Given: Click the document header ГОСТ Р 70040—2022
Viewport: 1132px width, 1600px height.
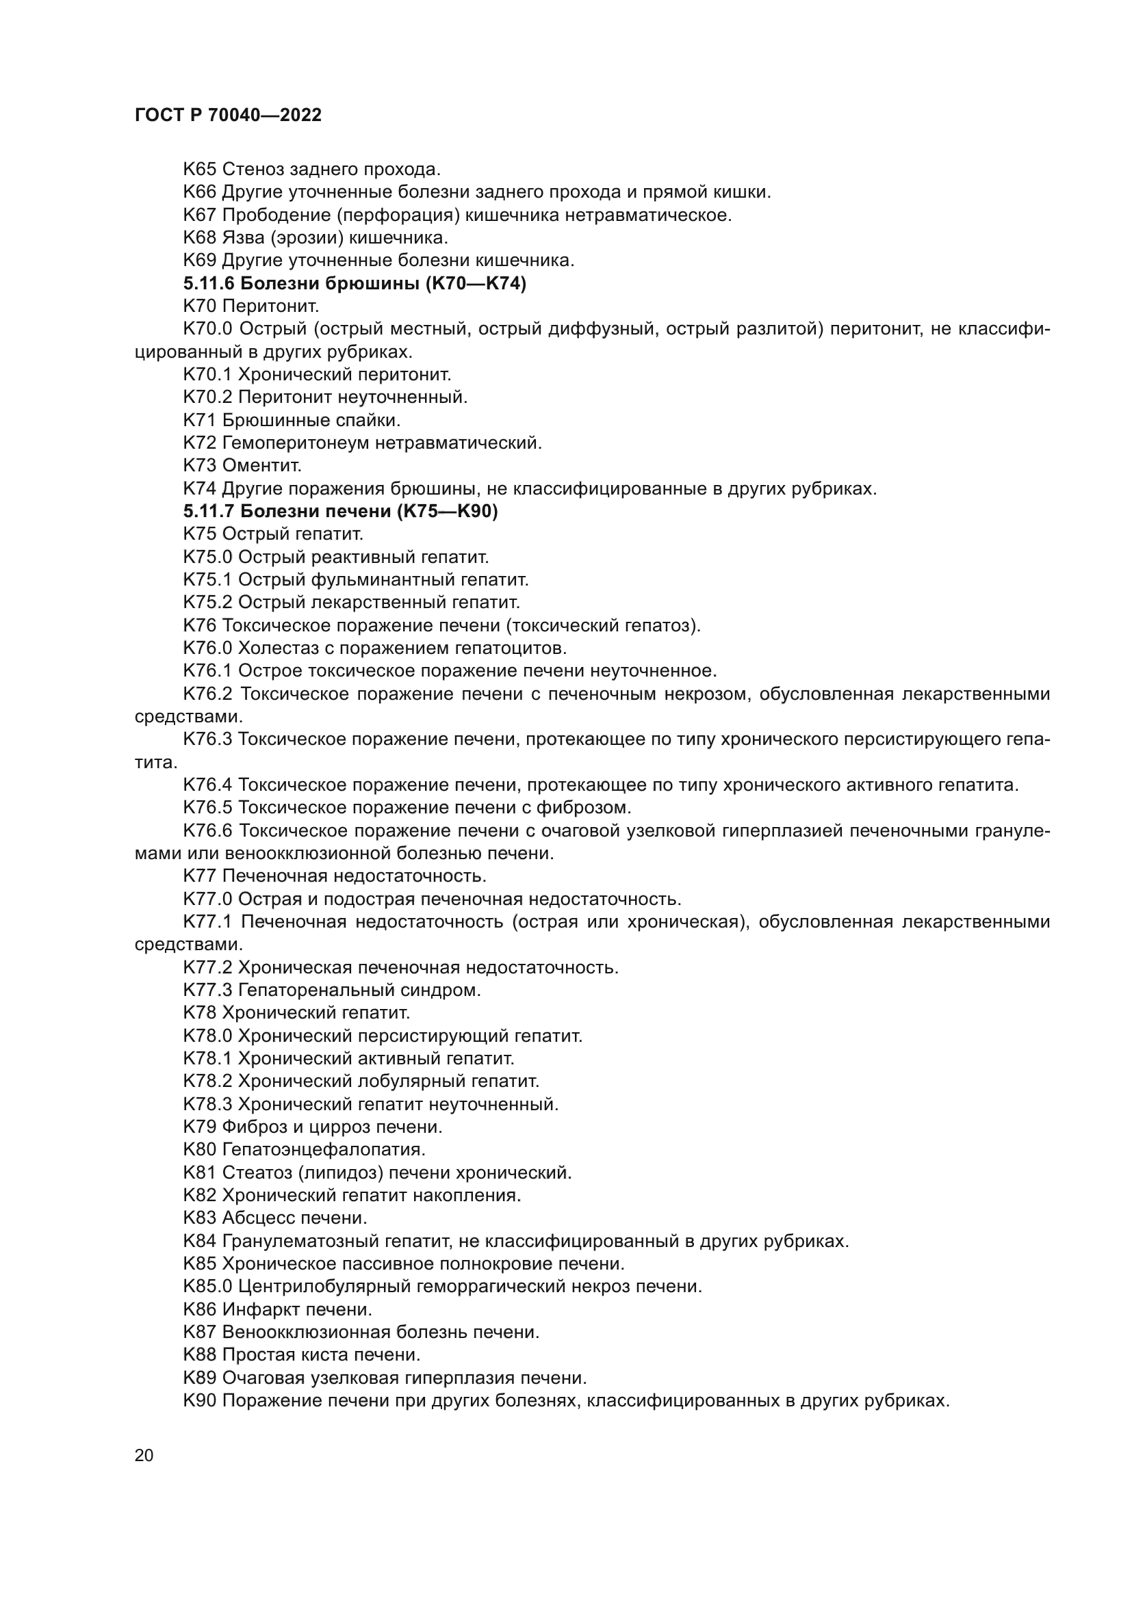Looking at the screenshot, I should tap(228, 116).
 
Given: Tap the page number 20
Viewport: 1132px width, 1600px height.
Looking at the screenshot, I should tap(144, 1454).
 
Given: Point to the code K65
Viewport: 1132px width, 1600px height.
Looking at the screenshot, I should tap(199, 170).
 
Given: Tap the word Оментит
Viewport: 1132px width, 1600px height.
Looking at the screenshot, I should tap(262, 464).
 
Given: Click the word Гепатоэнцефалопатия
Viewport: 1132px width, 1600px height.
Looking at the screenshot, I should tap(324, 1150).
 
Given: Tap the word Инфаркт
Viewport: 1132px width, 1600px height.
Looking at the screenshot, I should tap(261, 1309).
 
